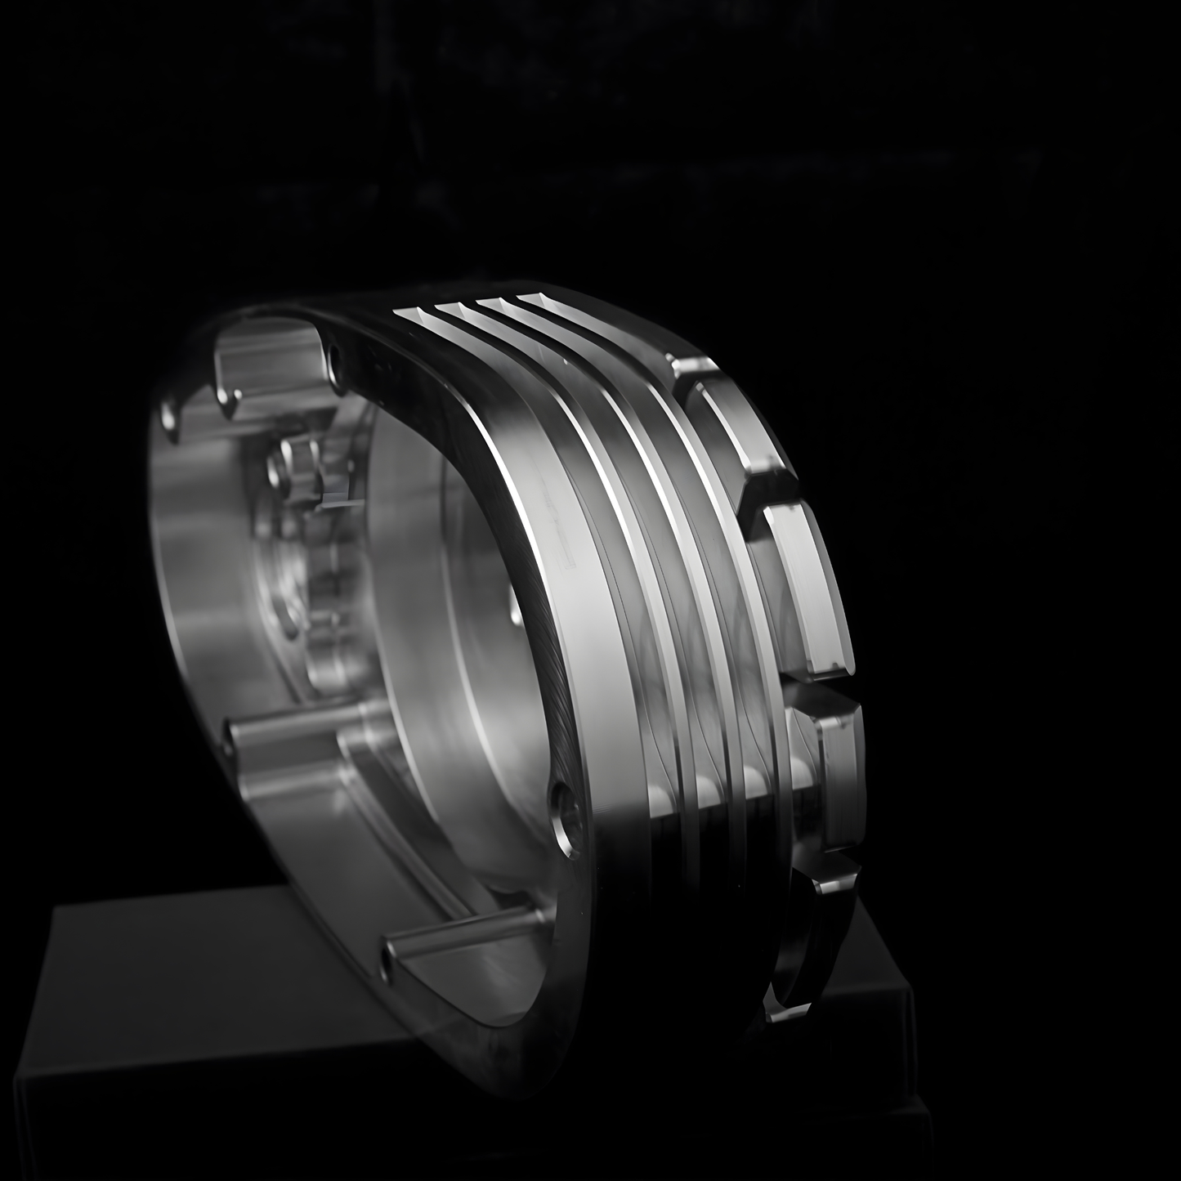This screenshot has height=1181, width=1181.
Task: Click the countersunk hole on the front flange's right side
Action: (563, 814)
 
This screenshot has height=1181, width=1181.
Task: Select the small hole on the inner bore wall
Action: (513, 609)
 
